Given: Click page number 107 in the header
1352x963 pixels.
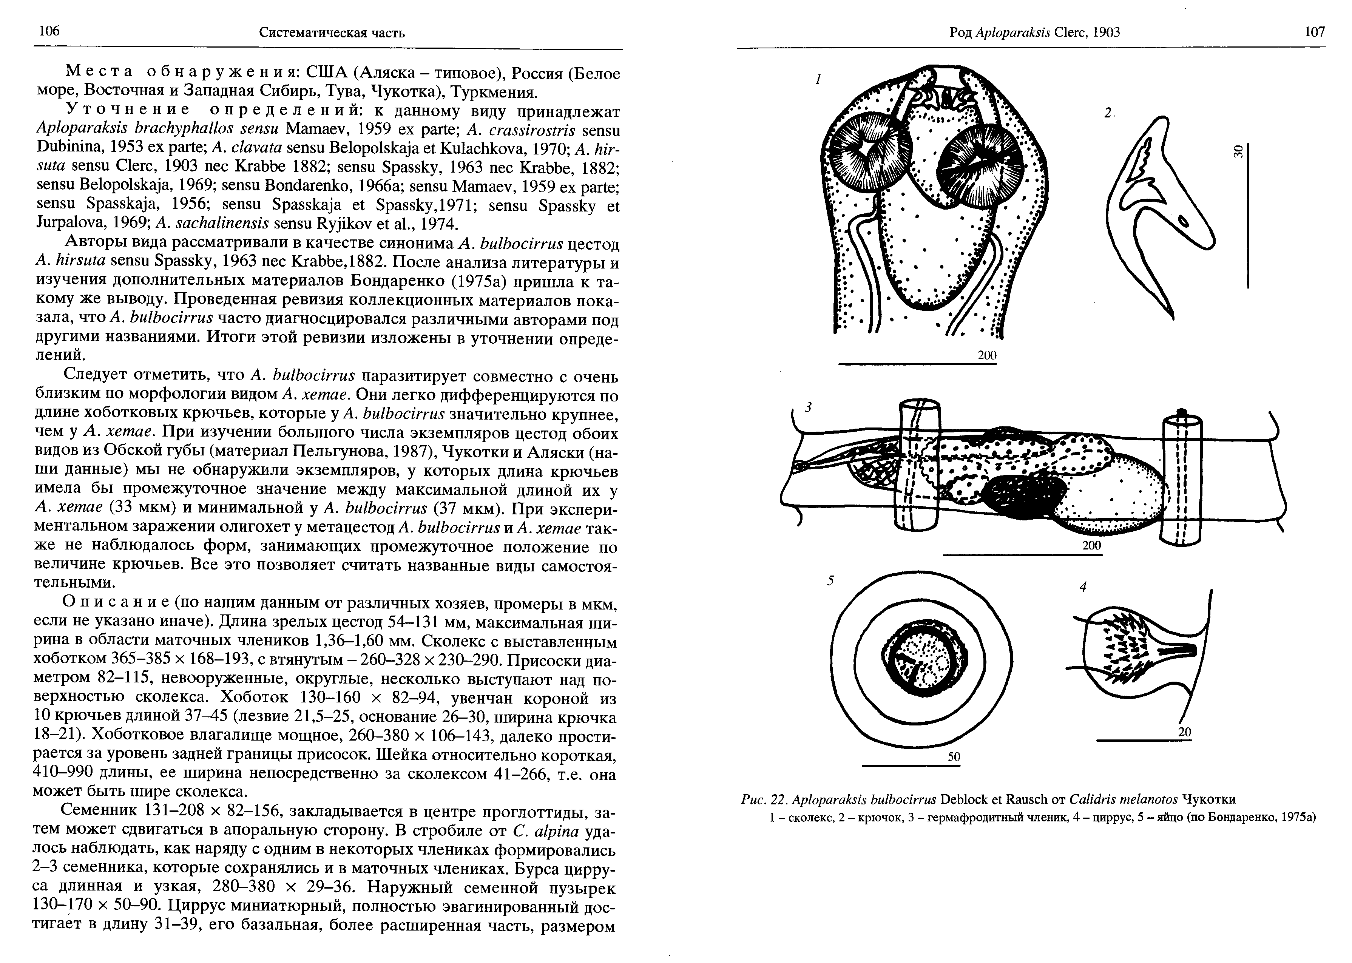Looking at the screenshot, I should click(x=1315, y=32).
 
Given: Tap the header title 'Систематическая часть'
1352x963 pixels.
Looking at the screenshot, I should click(x=332, y=32).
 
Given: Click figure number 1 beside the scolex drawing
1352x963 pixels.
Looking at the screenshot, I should click(x=818, y=79).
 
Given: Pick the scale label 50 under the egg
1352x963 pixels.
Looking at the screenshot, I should click(x=954, y=757).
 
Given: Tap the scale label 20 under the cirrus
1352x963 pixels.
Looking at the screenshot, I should click(x=1184, y=732).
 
